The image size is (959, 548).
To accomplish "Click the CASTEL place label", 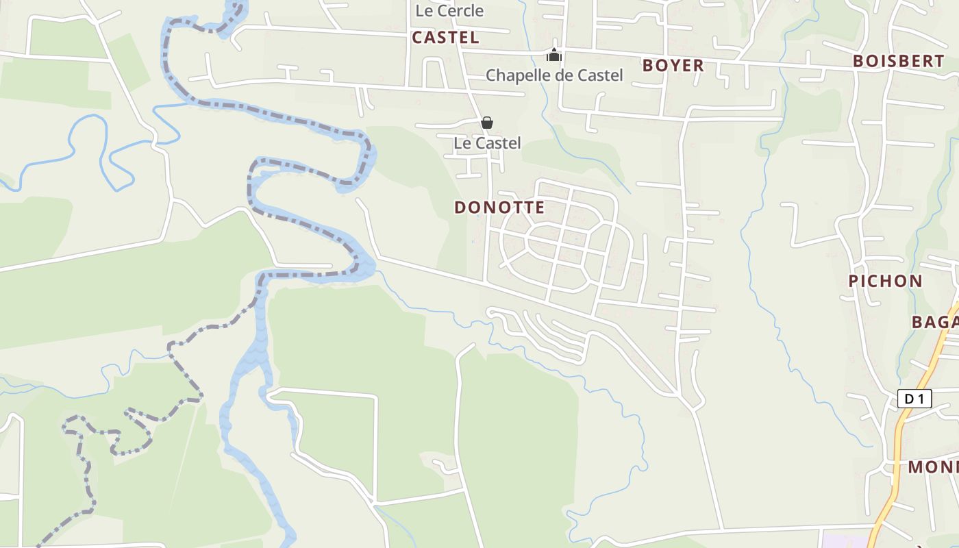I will coord(445,38).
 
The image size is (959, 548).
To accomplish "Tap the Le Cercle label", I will coord(449,11).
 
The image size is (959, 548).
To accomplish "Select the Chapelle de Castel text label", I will coord(554,75).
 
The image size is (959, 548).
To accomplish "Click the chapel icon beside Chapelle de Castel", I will coord(554,55).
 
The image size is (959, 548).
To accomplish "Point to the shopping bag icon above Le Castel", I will coord(486,123).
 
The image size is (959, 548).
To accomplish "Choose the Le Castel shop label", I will coord(487,143).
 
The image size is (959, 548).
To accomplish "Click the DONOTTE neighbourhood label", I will coord(499,207).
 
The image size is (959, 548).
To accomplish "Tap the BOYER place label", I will coord(673,65).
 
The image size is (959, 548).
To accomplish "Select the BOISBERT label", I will coord(898,60).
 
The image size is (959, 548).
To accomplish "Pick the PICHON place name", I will coord(885,281).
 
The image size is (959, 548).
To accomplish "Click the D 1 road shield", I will coord(914,399).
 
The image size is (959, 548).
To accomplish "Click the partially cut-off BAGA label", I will coord(934,322).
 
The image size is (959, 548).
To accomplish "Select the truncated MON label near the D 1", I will coord(932,467).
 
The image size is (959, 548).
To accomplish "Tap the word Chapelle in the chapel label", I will coord(517,75).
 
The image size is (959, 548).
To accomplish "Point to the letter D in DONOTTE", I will coord(460,207).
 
